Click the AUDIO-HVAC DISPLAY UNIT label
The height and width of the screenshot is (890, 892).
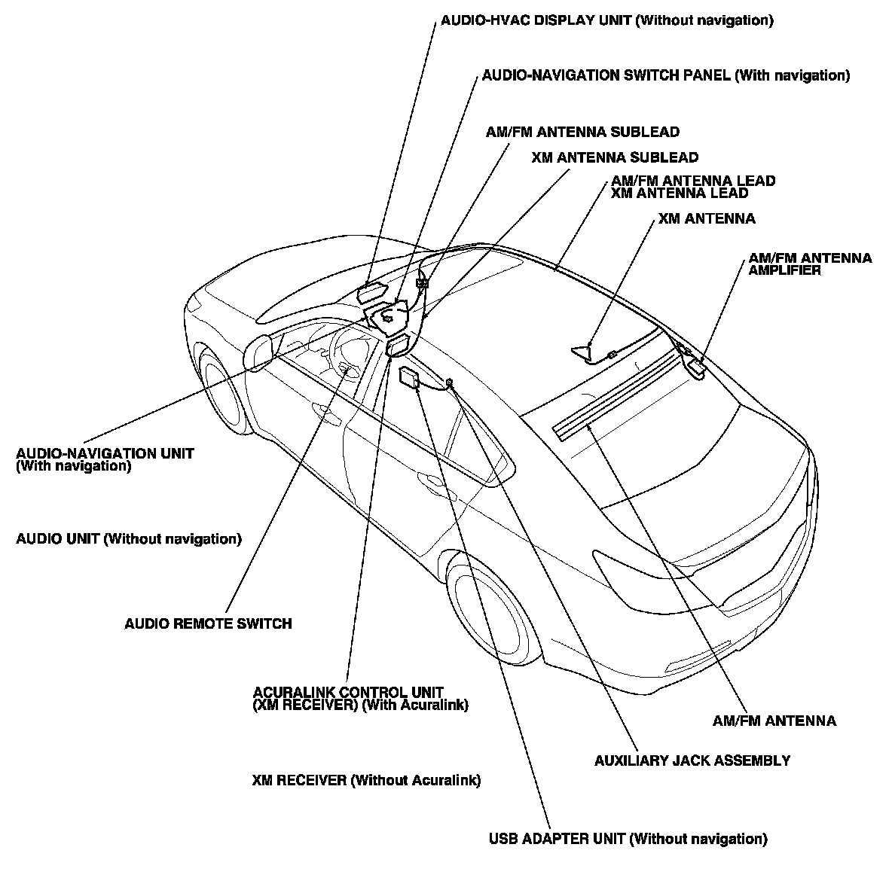(x=606, y=20)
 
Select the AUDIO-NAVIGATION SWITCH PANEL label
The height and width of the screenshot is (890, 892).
(x=665, y=75)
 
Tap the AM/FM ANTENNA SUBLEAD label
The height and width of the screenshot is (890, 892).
(x=582, y=133)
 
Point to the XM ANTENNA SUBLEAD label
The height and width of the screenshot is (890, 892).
(x=614, y=158)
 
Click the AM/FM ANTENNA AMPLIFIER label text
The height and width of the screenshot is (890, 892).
(x=810, y=264)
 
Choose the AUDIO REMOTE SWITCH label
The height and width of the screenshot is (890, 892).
(x=208, y=623)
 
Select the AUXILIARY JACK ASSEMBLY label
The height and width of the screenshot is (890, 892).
(x=692, y=760)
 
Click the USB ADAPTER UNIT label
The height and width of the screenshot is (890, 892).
(x=628, y=839)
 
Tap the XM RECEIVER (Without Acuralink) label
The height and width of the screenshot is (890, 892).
(x=366, y=781)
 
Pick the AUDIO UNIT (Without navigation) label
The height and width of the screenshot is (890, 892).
(x=129, y=539)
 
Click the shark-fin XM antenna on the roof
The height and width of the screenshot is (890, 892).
(x=582, y=351)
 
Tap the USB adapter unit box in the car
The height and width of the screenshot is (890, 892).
(x=410, y=377)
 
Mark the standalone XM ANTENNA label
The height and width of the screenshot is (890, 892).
(x=706, y=219)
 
